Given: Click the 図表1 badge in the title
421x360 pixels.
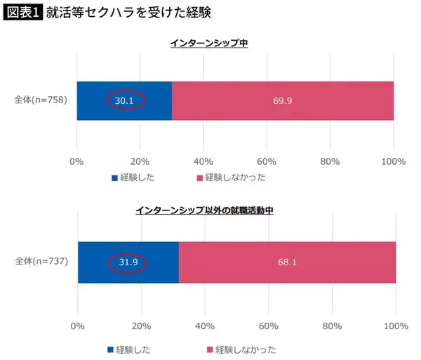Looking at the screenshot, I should [x=22, y=13].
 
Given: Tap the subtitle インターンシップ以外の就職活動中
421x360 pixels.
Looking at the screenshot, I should [x=210, y=210].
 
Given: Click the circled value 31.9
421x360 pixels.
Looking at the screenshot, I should [x=127, y=262].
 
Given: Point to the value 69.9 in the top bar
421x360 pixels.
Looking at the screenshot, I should [x=283, y=100].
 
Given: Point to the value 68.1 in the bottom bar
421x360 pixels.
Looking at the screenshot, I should [x=287, y=262].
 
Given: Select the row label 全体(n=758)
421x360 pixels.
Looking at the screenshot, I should [x=41, y=100].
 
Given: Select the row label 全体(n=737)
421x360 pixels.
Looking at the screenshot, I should [x=41, y=262].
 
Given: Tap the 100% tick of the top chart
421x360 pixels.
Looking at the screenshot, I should [x=393, y=161].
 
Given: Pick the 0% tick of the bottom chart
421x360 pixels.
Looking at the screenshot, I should [x=78, y=326].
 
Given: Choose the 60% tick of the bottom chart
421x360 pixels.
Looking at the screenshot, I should [x=269, y=326].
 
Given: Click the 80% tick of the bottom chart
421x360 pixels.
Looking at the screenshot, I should [x=333, y=326].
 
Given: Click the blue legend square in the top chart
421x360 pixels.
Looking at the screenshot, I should [x=113, y=178].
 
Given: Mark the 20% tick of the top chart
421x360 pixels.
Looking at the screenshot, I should [x=140, y=161].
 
